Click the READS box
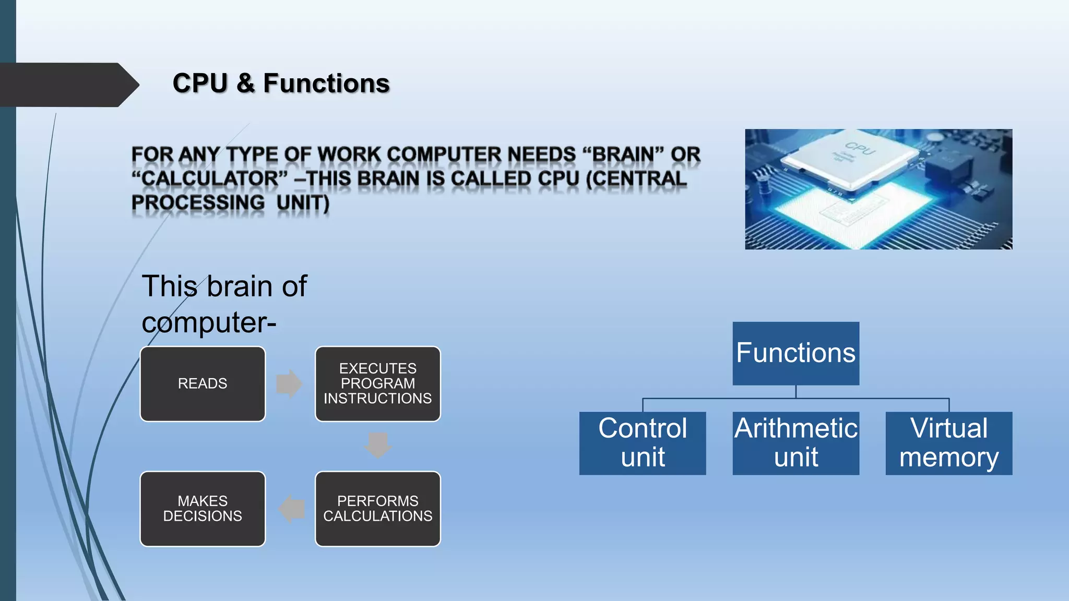[203, 384]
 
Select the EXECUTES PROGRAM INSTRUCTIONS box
[377, 384]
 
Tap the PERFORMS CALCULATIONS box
[377, 509]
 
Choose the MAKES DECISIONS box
[203, 509]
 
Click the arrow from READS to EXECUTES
[289, 384]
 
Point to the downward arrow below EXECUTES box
[378, 445]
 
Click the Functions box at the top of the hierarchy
[795, 353]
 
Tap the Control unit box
[642, 443]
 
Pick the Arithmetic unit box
[795, 443]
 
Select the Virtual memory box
[948, 443]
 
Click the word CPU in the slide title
[200, 83]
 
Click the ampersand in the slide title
[245, 83]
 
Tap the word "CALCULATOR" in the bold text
[209, 178]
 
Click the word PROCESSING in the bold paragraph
[198, 202]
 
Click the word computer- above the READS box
[209, 322]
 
